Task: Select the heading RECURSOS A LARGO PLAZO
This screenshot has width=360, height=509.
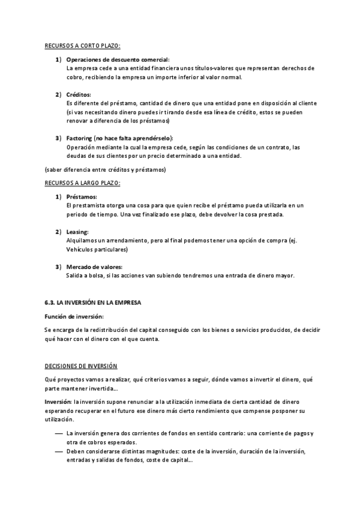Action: (x=83, y=182)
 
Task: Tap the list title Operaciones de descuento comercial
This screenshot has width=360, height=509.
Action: (x=118, y=59)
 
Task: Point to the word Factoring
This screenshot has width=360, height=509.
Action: (x=80, y=138)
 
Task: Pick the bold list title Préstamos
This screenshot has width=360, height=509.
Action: (x=82, y=197)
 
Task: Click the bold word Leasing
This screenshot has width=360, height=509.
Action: (x=78, y=232)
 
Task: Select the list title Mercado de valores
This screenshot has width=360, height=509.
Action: (x=94, y=267)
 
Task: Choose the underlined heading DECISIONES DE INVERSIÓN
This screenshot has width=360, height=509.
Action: (x=81, y=366)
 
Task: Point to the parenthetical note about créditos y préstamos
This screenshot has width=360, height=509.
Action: (x=106, y=170)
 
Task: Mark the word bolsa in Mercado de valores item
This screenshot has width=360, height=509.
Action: (x=102, y=276)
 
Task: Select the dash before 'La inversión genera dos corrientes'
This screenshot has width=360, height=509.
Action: (x=58, y=433)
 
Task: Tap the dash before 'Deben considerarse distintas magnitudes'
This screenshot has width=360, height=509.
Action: (x=58, y=451)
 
